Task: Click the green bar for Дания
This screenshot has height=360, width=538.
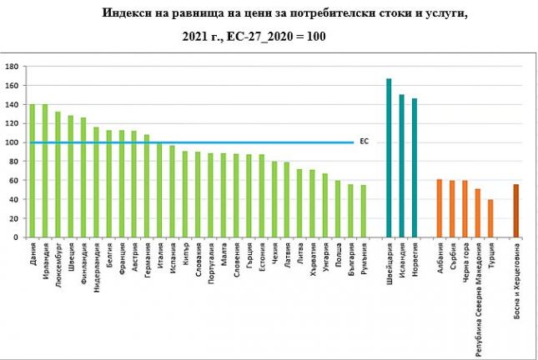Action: tap(33, 171)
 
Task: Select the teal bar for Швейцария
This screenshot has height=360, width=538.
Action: tap(389, 158)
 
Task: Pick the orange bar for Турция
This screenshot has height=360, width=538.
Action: tap(490, 218)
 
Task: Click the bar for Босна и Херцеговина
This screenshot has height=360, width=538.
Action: tap(516, 211)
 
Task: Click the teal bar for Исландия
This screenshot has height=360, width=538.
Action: tap(401, 166)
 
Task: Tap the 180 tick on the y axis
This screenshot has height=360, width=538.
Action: tap(11, 67)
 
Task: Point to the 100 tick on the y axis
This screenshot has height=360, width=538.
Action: tap(11, 142)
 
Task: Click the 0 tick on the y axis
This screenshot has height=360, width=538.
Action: tap(16, 237)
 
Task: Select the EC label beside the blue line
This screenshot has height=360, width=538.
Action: tap(364, 142)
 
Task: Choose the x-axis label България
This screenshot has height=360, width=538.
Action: tap(350, 262)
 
